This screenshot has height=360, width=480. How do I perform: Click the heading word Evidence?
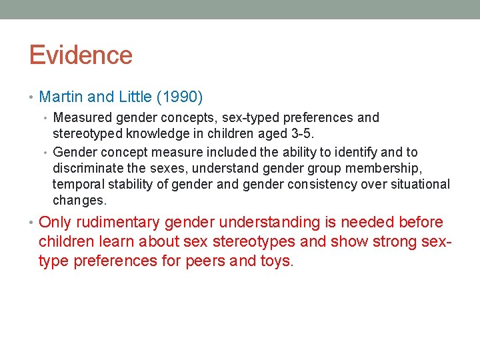[81, 55]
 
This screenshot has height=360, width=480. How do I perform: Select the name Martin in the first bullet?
[61, 97]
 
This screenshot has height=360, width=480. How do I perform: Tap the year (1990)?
[179, 97]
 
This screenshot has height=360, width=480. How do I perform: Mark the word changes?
[79, 201]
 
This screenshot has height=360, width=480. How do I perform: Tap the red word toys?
[276, 261]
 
